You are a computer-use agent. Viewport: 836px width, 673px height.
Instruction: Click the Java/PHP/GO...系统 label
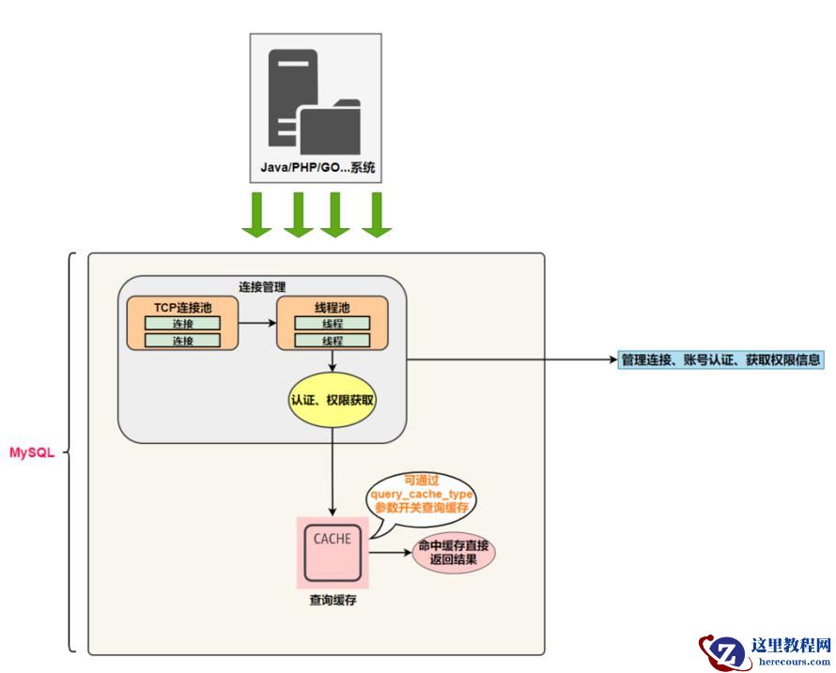pyautogui.click(x=317, y=169)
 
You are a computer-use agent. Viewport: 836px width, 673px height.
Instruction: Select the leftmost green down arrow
pyautogui.click(x=256, y=215)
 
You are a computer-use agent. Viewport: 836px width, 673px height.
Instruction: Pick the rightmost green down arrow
pyautogui.click(x=376, y=215)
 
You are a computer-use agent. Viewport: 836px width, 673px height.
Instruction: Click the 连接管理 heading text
pyautogui.click(x=261, y=286)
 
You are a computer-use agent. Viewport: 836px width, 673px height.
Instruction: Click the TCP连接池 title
pyautogui.click(x=182, y=307)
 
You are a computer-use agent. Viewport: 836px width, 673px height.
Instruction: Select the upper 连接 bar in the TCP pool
pyautogui.click(x=182, y=323)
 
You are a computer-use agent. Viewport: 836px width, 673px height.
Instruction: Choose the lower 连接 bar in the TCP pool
pyautogui.click(x=182, y=340)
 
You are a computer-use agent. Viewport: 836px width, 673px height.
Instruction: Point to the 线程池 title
pyautogui.click(x=333, y=307)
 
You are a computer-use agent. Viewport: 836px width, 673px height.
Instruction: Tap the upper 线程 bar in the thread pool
pyautogui.click(x=333, y=323)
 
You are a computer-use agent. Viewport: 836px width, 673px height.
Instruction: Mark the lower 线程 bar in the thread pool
pyautogui.click(x=333, y=340)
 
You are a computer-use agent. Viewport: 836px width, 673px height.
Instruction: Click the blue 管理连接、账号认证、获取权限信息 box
pyautogui.click(x=720, y=359)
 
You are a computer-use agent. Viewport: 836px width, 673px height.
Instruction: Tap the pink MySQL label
pyautogui.click(x=32, y=452)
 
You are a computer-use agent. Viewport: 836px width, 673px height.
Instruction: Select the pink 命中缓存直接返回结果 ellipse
pyautogui.click(x=454, y=553)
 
